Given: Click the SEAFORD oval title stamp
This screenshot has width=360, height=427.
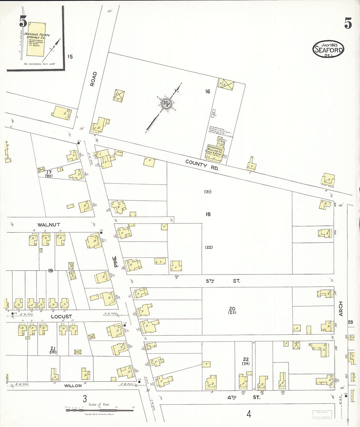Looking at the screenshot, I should (x=328, y=49).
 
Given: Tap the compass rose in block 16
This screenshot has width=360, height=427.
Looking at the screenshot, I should (x=166, y=104).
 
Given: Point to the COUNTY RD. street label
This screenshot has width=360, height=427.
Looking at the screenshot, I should (x=202, y=165).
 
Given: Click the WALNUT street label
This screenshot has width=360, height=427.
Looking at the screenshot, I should (x=49, y=225).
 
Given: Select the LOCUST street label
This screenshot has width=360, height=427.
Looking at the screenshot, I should (x=61, y=316).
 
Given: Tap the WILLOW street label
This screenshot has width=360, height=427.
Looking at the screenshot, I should (x=73, y=386).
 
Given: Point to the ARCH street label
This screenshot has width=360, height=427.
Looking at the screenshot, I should (x=341, y=309).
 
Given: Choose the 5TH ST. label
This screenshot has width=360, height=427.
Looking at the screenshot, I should (x=223, y=281).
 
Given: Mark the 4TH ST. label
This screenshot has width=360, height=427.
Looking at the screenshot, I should (x=244, y=397).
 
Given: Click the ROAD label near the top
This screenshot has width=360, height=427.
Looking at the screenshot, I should (x=93, y=79).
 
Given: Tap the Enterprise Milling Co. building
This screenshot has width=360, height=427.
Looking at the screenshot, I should (x=215, y=152).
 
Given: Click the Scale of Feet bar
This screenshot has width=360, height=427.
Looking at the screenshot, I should (x=100, y=409).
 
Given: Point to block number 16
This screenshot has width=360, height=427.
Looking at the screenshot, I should (x=207, y=91).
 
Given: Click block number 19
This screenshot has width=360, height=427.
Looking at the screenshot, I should (x=50, y=271).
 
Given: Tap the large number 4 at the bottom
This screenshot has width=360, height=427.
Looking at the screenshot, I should (x=249, y=414).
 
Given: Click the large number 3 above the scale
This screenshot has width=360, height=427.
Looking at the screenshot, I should (x=84, y=399).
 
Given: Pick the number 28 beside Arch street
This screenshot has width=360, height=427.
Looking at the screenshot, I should (x=351, y=322).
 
